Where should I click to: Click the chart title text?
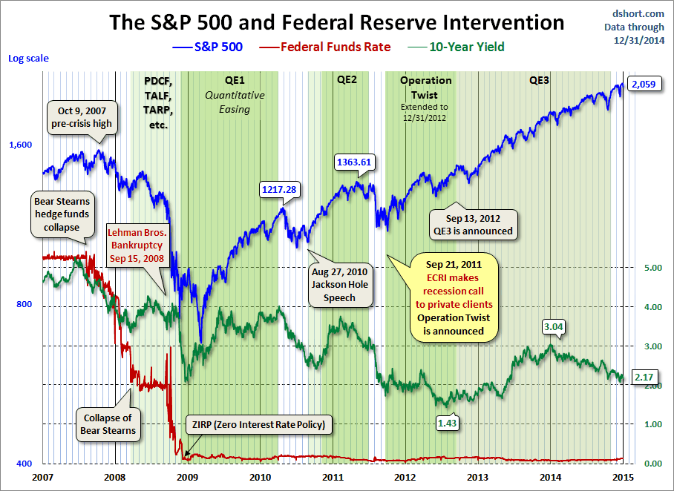[337, 22]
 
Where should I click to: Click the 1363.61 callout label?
[354, 162]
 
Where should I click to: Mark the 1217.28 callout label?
[279, 190]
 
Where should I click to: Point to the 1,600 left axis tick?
[21, 145]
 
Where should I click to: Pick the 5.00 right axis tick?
[651, 268]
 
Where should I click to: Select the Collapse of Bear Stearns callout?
[108, 424]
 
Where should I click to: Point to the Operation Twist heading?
[425, 88]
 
